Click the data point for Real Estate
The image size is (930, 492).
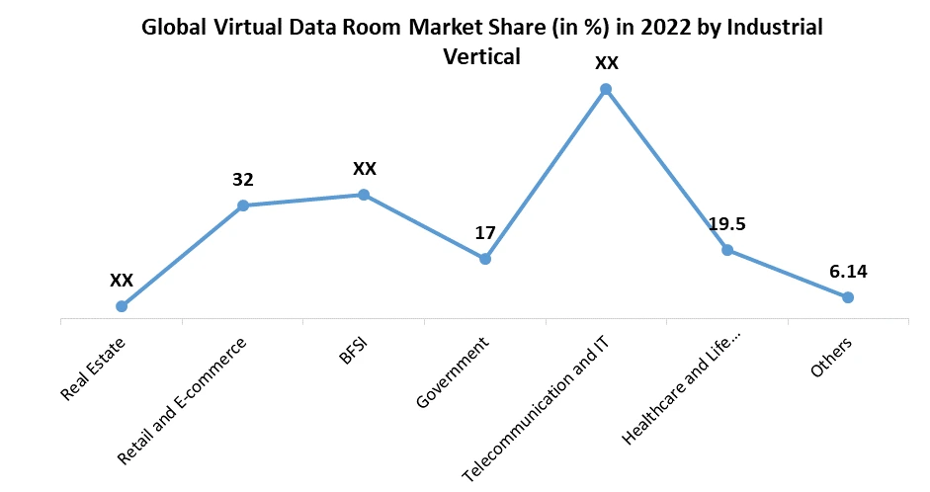[122, 306]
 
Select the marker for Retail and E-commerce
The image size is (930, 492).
[243, 205]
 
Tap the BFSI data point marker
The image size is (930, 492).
[364, 195]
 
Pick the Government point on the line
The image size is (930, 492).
[485, 259]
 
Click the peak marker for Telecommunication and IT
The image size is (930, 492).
[606, 89]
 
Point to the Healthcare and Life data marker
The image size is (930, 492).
[727, 250]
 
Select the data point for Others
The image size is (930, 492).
[848, 297]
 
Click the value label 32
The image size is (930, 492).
[243, 180]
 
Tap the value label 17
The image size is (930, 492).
[484, 234]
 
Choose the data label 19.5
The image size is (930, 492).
[726, 224]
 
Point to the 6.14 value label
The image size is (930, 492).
[848, 272]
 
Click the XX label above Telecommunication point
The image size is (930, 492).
[606, 63]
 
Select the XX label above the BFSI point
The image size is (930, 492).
[365, 169]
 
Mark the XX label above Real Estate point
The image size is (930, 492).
[122, 281]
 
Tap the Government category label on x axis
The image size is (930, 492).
[453, 373]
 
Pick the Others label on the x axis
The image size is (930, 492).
[831, 357]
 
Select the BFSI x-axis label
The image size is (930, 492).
[353, 351]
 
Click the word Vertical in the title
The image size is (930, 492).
[482, 57]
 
